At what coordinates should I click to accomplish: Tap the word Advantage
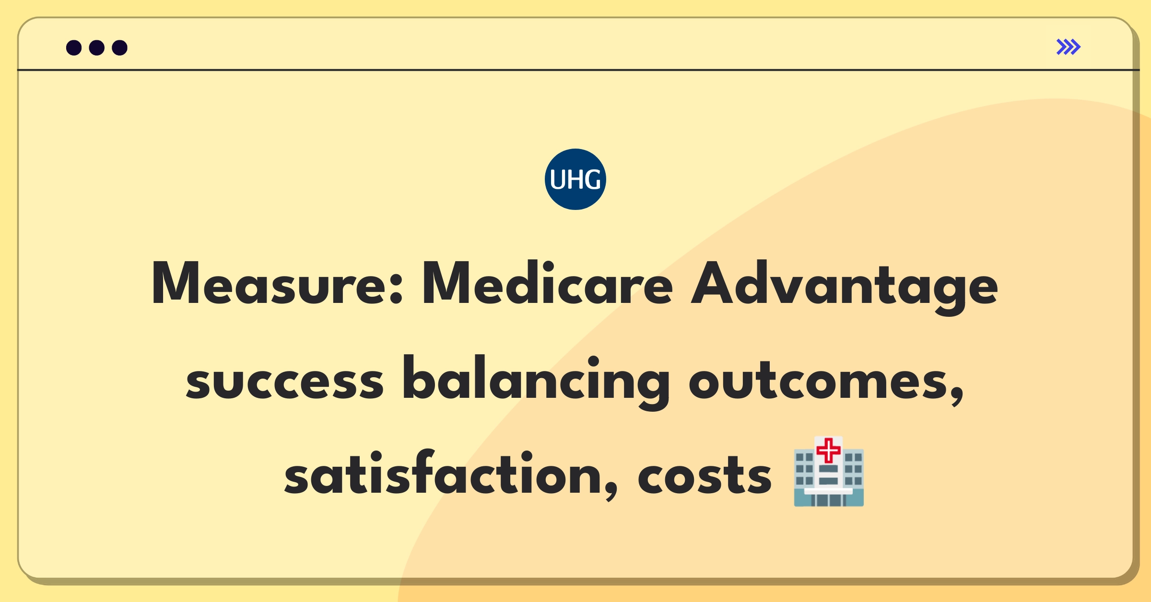click(844, 288)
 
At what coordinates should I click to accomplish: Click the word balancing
click(536, 383)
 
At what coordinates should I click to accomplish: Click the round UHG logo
click(575, 179)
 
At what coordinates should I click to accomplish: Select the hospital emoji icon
click(829, 472)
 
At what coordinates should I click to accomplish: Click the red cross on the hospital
click(828, 450)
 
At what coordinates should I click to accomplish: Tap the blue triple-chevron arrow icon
click(1069, 47)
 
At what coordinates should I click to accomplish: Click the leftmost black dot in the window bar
click(74, 47)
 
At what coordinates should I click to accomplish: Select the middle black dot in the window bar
click(97, 47)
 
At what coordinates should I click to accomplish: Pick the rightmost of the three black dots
click(119, 47)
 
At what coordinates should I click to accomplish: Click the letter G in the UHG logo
click(591, 180)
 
